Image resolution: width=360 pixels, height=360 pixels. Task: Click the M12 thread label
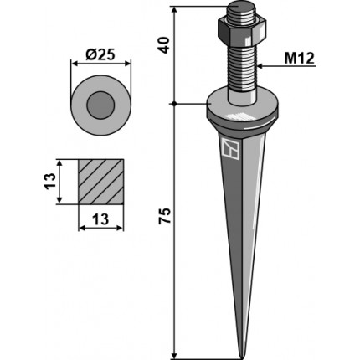click(x=299, y=59)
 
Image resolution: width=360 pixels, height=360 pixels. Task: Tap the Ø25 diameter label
click(x=100, y=54)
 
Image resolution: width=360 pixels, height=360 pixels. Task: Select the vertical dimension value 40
click(x=164, y=44)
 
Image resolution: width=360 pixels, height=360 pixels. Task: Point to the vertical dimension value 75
click(x=164, y=215)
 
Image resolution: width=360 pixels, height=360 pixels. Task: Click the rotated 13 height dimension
click(x=50, y=182)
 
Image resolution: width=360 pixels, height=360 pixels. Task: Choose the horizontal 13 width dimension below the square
click(x=100, y=219)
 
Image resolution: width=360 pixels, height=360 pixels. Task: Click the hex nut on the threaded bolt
click(x=241, y=31)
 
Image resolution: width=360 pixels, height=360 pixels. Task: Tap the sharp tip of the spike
click(x=242, y=358)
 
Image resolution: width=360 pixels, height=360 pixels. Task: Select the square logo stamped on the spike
click(x=231, y=149)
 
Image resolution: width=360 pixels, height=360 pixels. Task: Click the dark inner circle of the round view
click(x=100, y=105)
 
